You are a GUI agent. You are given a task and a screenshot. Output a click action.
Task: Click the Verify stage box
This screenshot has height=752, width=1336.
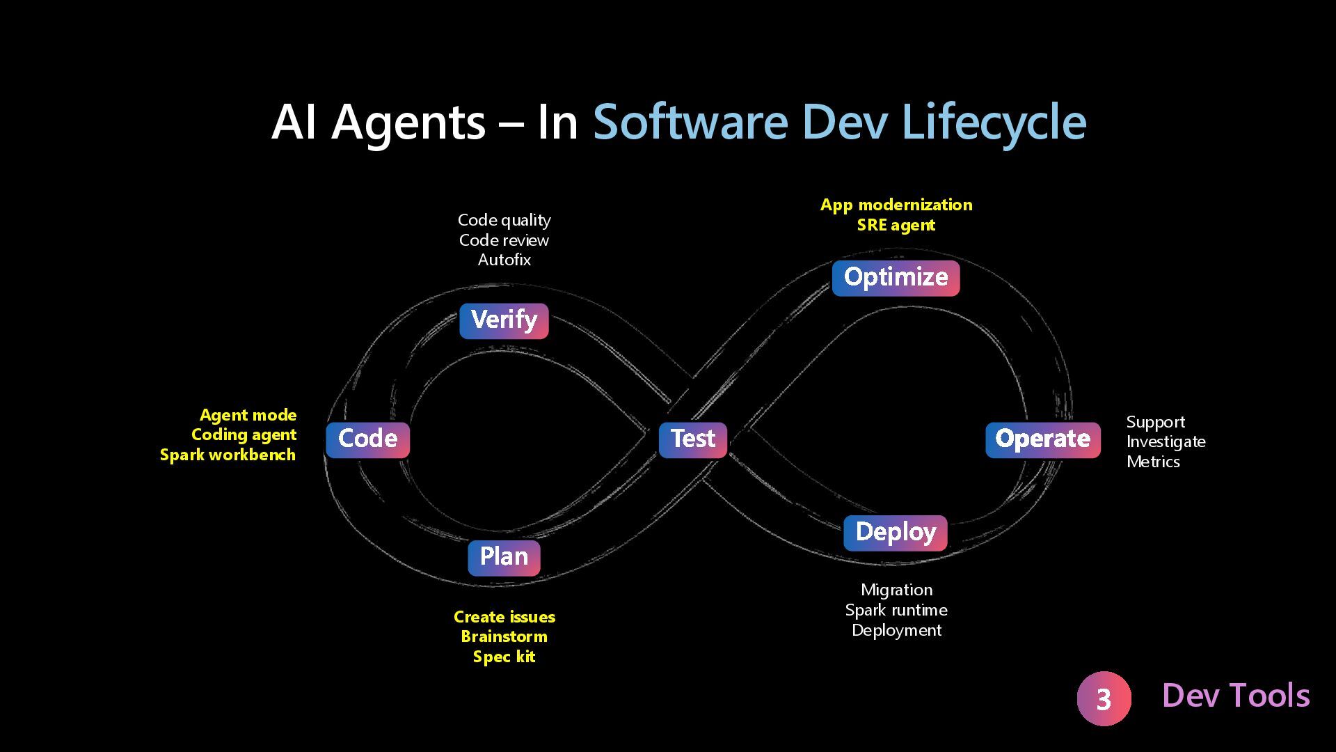click(x=504, y=320)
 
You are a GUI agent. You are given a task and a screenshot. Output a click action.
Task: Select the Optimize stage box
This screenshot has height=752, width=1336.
click(x=896, y=277)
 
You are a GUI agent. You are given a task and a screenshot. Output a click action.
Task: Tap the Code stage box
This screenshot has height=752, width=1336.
click(x=367, y=439)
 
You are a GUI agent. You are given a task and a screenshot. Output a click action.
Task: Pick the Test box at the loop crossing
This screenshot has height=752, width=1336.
click(x=692, y=439)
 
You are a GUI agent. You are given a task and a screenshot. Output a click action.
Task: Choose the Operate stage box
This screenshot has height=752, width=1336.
click(x=1042, y=439)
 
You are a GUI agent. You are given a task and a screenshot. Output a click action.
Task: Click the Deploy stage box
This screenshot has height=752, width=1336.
click(x=896, y=533)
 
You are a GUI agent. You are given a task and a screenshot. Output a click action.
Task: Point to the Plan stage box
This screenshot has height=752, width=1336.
click(x=504, y=557)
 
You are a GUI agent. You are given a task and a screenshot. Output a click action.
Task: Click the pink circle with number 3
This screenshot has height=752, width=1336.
click(x=1104, y=698)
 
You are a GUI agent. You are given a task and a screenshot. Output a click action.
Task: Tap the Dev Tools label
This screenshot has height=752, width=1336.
click(x=1235, y=696)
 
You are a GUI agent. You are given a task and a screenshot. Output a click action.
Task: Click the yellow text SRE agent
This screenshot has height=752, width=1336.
click(x=896, y=225)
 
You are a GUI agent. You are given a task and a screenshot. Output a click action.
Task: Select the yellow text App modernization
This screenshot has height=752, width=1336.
click(x=896, y=205)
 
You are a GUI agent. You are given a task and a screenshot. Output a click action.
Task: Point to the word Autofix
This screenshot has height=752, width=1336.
click(x=504, y=260)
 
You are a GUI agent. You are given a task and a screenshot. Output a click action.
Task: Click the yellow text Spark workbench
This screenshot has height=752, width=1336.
click(x=228, y=455)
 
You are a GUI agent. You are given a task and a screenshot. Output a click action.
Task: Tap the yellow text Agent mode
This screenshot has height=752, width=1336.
click(x=248, y=415)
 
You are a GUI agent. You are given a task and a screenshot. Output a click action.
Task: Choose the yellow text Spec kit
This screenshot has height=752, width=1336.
click(x=504, y=657)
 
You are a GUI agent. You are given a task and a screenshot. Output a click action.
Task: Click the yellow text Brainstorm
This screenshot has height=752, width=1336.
click(x=504, y=636)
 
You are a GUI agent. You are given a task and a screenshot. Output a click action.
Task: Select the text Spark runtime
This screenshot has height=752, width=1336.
click(x=896, y=610)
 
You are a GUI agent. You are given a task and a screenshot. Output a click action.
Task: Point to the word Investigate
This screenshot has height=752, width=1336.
click(x=1166, y=441)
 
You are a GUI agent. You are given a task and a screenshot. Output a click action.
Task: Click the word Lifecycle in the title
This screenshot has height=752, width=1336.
click(x=993, y=122)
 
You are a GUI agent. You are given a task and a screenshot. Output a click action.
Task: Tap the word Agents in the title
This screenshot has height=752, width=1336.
click(x=408, y=123)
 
